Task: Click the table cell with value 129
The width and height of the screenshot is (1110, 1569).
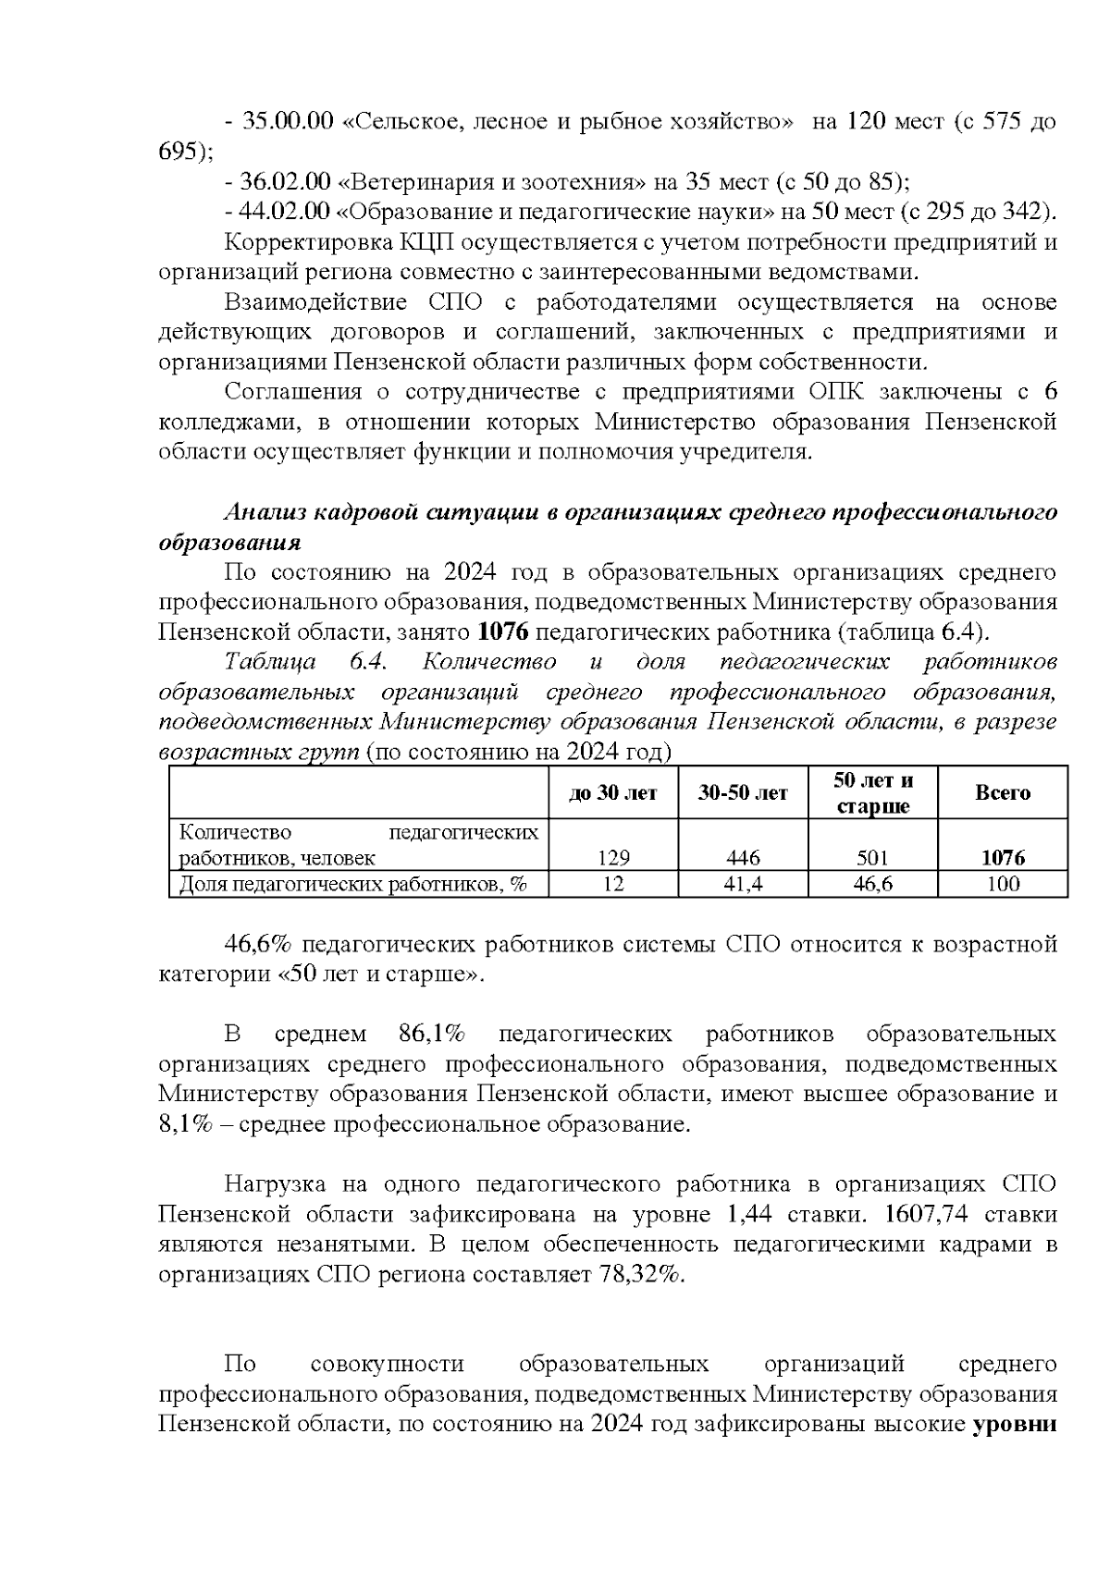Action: tap(614, 857)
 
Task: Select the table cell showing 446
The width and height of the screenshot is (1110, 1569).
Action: tap(744, 857)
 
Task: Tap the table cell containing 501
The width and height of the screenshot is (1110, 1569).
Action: tap(873, 857)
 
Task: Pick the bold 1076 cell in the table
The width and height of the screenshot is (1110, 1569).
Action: tap(1003, 857)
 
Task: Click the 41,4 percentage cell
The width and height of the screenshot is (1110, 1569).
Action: tap(744, 884)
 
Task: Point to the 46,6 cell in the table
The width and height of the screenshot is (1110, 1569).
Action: tap(873, 884)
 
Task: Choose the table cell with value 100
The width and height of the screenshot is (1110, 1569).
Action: tap(1003, 884)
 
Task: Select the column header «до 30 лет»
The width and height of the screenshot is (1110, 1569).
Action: tap(614, 792)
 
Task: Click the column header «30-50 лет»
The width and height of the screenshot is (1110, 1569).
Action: tap(744, 792)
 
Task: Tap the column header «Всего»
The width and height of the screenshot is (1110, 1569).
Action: tap(1003, 792)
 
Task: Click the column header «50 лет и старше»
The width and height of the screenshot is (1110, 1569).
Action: tap(873, 792)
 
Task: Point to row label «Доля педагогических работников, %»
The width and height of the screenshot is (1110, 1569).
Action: tap(352, 884)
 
